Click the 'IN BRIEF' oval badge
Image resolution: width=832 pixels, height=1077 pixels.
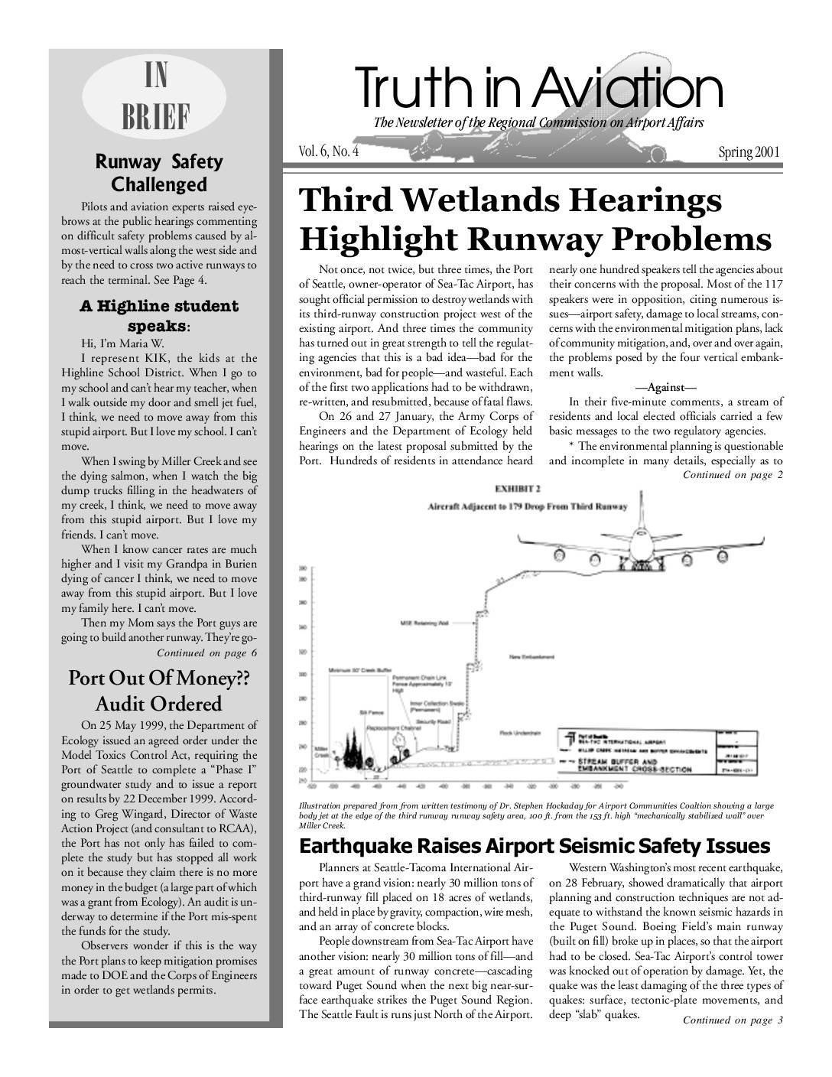[x=156, y=97]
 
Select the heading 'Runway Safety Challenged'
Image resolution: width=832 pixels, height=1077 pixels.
[x=159, y=173]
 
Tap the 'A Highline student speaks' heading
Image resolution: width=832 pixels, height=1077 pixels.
[x=159, y=316]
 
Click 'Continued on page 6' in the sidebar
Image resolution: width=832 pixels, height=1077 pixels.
[x=206, y=652]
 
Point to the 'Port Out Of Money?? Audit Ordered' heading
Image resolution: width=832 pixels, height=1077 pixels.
[x=159, y=691]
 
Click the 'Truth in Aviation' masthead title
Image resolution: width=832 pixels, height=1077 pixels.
[x=537, y=89]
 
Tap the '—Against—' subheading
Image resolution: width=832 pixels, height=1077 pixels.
[x=665, y=388]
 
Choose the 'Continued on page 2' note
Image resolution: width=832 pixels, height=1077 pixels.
[x=733, y=475]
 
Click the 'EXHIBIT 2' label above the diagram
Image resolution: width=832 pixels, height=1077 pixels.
[x=518, y=488]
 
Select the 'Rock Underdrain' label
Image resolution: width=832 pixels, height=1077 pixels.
[x=521, y=732]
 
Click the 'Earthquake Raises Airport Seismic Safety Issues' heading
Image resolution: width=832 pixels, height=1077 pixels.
[x=535, y=846]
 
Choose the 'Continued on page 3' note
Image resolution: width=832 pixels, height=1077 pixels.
[x=733, y=1020]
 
